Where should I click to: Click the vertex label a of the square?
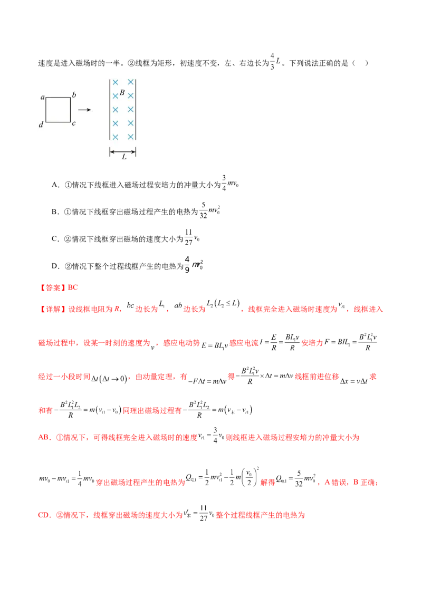coord(42,97)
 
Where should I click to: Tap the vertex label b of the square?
coord(74,95)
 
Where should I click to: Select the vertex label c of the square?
coord(74,124)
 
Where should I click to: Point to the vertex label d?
coord(41,125)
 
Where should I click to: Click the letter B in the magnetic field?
coord(122,92)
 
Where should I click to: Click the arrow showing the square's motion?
coord(84,110)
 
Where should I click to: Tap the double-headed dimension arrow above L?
coord(123,151)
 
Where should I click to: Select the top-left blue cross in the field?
coord(115,82)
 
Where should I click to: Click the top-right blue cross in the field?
coord(130,82)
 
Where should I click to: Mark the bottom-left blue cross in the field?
coord(115,137)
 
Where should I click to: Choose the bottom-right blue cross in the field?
coord(130,137)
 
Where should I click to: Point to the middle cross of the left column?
coord(115,110)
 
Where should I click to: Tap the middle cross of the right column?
coord(130,110)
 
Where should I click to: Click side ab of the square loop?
coord(58,98)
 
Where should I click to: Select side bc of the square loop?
coord(71,110)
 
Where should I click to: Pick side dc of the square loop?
coord(58,122)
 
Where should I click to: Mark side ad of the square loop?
coord(46,110)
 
